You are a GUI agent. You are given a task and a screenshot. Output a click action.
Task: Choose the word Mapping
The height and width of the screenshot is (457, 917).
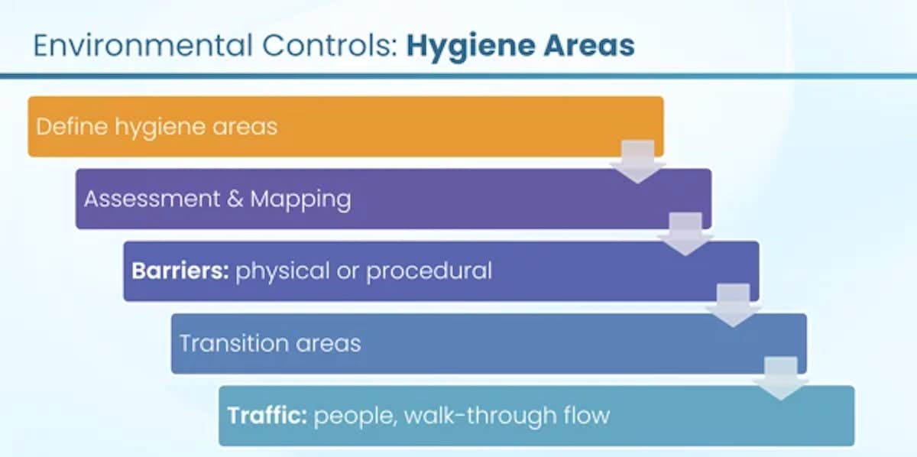(300, 199)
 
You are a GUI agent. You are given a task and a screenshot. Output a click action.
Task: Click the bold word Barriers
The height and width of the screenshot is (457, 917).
(180, 271)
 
